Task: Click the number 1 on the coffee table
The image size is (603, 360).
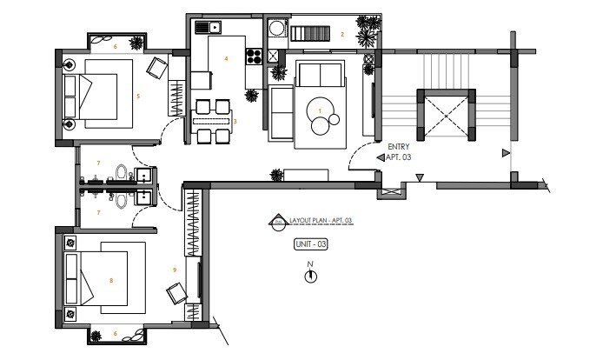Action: tap(321, 110)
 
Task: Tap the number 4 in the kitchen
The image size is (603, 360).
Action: tap(226, 59)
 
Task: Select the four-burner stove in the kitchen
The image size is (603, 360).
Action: tap(255, 57)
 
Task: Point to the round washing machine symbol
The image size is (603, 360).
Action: tap(276, 30)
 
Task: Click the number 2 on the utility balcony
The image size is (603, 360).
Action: tap(342, 35)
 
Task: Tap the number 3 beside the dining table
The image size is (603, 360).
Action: tap(235, 121)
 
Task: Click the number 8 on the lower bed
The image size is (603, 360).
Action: tap(111, 280)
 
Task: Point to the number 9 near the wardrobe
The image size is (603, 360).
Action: tap(175, 270)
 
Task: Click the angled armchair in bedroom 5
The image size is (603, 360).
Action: tap(157, 67)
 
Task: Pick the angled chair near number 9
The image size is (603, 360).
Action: tap(177, 294)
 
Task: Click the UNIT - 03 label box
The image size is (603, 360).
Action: tap(311, 245)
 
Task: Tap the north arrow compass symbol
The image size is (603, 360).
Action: tap(310, 276)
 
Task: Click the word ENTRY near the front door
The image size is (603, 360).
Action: tap(398, 147)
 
